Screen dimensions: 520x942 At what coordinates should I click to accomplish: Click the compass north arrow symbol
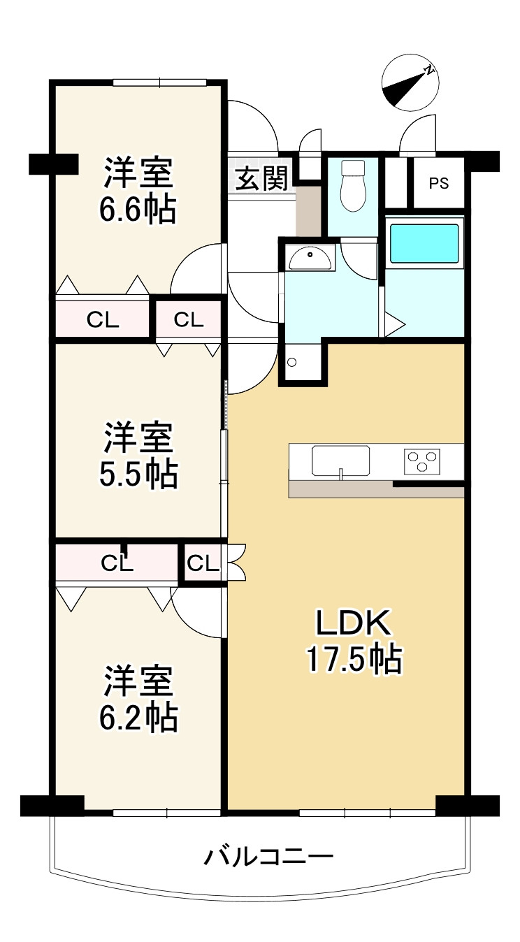tap(410, 82)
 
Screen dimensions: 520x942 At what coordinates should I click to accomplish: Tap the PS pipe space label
tap(438, 183)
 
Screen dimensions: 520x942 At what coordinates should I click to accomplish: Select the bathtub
tap(424, 243)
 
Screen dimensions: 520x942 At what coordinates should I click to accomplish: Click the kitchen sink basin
tap(341, 461)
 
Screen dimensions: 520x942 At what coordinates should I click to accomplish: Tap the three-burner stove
tap(422, 461)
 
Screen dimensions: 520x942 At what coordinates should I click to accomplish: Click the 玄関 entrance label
tap(261, 178)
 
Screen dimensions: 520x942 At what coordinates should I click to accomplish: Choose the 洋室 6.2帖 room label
tap(138, 699)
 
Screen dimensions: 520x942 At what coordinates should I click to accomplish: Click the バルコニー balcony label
tap(268, 856)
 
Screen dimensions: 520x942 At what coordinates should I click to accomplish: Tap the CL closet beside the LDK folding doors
tap(203, 563)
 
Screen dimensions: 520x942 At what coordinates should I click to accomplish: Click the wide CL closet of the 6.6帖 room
tap(103, 319)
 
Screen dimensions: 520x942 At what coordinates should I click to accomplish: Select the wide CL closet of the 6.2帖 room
tap(117, 563)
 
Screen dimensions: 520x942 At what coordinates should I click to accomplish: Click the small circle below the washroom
tap(291, 362)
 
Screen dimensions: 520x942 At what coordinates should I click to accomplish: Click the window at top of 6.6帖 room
tap(160, 82)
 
